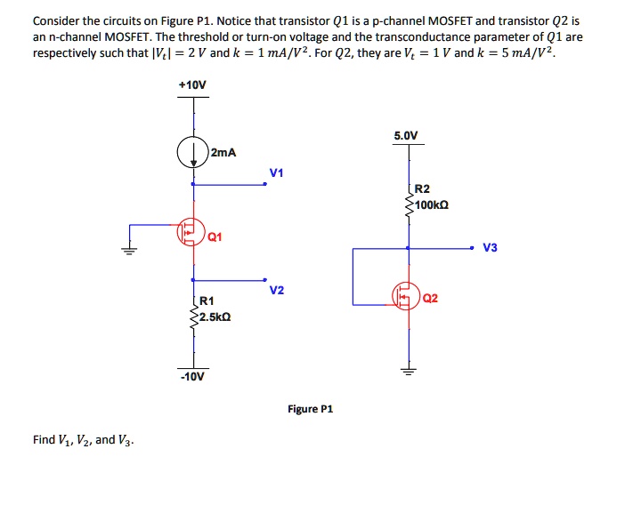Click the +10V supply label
tap(192, 84)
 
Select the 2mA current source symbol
tap(192, 152)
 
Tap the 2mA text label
tap(223, 152)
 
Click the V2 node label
tap(276, 291)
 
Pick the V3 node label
tap(490, 247)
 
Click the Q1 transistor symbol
tap(190, 233)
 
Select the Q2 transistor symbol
tap(407, 296)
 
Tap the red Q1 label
tap(215, 237)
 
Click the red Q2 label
tap(431, 298)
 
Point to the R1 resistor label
tap(207, 302)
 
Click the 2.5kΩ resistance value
tap(215, 317)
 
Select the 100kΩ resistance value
tap(432, 204)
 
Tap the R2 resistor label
tap(422, 189)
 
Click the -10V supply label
tap(193, 376)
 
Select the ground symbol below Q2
tap(409, 371)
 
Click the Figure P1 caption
tap(310, 409)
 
